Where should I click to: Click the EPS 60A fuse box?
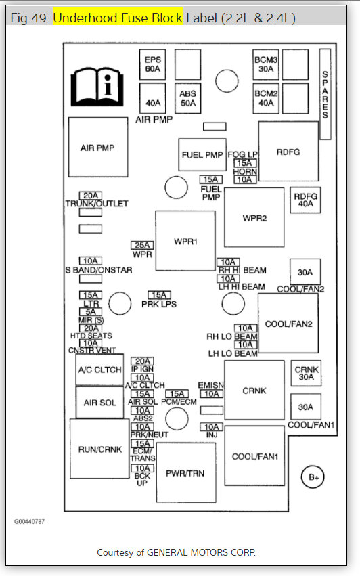(152, 65)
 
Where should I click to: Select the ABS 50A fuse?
(187, 98)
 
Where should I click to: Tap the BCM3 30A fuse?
(265, 65)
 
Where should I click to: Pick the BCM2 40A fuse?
(265, 98)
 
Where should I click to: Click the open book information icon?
(97, 87)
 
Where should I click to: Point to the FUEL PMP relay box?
(202, 154)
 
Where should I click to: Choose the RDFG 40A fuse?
(305, 200)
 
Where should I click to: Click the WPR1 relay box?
(185, 241)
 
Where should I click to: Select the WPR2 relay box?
(254, 217)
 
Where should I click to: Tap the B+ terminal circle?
(313, 477)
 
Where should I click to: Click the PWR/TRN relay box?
(186, 472)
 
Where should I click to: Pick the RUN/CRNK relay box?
(99, 449)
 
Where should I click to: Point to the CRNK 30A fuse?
(306, 373)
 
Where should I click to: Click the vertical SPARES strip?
(325, 94)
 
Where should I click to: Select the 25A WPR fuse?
(142, 245)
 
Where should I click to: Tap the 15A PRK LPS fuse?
(159, 295)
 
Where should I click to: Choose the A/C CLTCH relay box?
(99, 370)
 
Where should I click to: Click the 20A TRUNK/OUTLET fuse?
(91, 196)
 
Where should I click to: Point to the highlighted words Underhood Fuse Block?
(118, 18)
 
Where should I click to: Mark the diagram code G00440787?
(29, 521)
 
